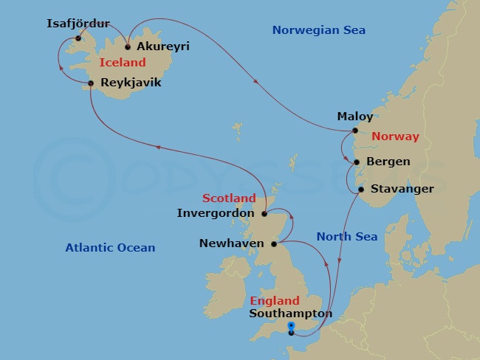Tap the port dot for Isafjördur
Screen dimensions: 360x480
tap(78, 38)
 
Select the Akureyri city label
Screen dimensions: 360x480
tap(163, 46)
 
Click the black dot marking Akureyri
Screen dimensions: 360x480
tap(128, 46)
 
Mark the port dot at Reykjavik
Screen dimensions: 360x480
tap(91, 83)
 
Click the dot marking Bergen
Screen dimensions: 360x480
tap(356, 162)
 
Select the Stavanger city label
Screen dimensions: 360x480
tap(402, 189)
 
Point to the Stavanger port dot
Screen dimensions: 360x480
tap(361, 190)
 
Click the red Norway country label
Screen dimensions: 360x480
tap(395, 136)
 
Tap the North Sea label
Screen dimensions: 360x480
tap(347, 237)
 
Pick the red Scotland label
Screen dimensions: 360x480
tap(229, 198)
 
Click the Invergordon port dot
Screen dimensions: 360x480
tap(264, 214)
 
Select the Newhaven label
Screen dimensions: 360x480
tap(232, 243)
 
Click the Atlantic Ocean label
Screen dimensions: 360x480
tap(109, 247)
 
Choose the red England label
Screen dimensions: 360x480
tap(275, 300)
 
